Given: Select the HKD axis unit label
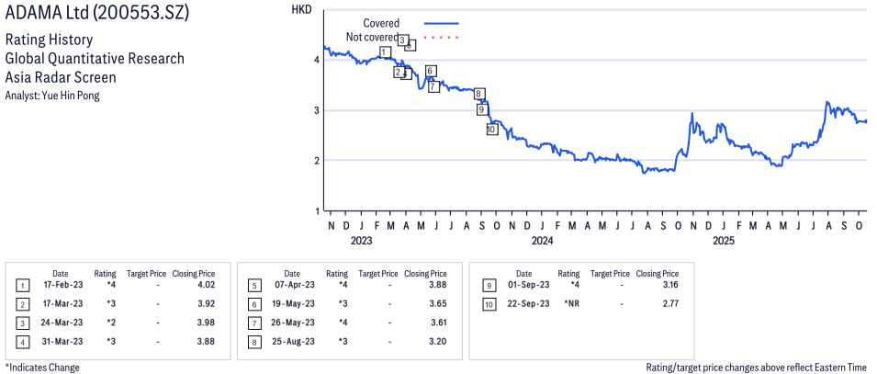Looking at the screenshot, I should [300, 10].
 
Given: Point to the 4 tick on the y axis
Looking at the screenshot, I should [316, 60].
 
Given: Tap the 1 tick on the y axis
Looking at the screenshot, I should [316, 211].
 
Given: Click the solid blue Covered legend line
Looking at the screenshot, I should [442, 23].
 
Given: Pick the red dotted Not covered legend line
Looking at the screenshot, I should [442, 37].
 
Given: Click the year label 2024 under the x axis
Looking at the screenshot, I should [542, 242].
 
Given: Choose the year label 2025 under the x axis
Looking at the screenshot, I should [724, 242].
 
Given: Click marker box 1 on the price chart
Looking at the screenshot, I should [384, 52].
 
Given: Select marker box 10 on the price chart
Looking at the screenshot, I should [491, 130].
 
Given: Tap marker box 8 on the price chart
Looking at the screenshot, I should [478, 94].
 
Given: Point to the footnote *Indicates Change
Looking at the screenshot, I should [42, 368].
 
